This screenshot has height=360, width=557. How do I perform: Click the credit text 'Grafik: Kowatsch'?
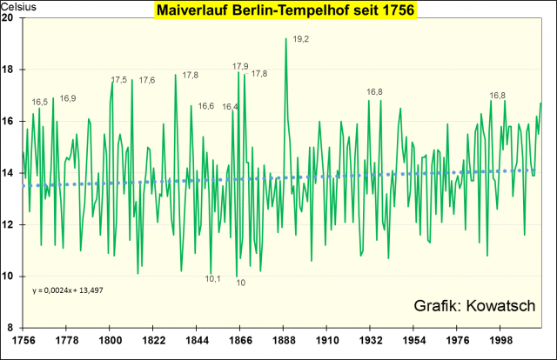point(473,304)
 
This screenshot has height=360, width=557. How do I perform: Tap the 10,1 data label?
point(213,278)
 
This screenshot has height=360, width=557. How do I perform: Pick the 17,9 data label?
point(240,66)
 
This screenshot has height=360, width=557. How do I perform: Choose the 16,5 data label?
point(40,102)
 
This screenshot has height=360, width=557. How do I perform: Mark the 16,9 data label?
point(68,98)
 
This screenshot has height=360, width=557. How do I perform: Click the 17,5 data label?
point(119,80)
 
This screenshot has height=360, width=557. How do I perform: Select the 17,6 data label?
point(147,80)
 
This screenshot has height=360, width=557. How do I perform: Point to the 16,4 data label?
point(230,107)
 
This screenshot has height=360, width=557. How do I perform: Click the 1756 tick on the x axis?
point(23,339)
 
